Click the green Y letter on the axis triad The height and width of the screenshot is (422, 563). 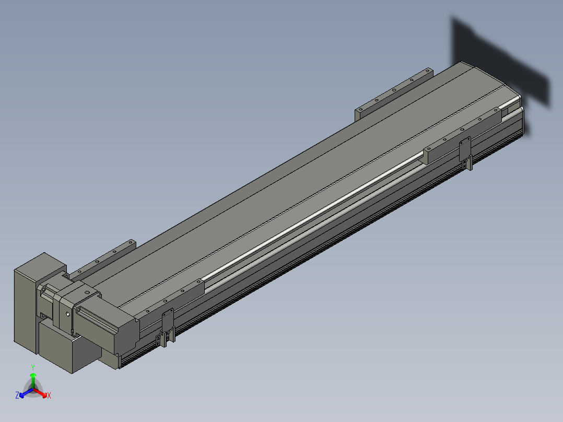(33, 367)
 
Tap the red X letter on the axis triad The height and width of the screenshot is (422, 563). (49, 395)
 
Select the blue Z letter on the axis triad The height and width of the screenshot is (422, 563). (17, 395)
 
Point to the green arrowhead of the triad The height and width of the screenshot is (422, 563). (33, 376)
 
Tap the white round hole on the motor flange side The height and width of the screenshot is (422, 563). (68, 314)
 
